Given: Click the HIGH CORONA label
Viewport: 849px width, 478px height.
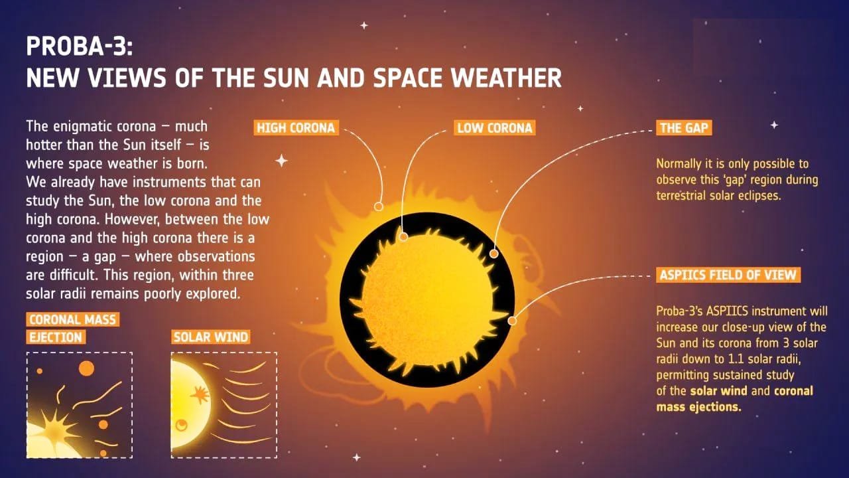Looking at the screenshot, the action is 296,128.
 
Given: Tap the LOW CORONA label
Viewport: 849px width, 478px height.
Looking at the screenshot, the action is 495,128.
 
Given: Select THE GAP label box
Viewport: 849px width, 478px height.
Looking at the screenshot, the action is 684,128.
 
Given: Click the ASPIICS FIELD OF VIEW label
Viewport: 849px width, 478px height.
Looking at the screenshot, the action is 728,275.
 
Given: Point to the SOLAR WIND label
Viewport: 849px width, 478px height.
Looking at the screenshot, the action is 211,337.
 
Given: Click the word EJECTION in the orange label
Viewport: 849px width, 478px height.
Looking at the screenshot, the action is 56,337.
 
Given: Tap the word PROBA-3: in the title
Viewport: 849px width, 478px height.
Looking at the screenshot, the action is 80,46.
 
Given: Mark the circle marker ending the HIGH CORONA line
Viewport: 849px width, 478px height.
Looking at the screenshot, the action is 379,206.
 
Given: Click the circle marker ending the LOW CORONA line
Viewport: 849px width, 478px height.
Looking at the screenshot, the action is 404,237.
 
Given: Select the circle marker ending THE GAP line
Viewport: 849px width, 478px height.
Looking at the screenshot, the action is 494,254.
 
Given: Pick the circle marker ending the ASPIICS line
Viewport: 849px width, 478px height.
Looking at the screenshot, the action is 512,321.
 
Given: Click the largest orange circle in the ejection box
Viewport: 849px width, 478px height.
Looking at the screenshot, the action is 86,368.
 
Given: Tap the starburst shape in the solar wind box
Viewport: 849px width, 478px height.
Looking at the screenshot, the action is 200,395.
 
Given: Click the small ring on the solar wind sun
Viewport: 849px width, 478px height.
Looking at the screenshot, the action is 182,425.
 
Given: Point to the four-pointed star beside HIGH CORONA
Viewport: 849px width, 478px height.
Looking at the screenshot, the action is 281,161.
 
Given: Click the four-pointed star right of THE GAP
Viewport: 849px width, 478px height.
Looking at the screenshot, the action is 774,125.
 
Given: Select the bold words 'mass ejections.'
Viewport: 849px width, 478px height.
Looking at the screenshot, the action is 698,407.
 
